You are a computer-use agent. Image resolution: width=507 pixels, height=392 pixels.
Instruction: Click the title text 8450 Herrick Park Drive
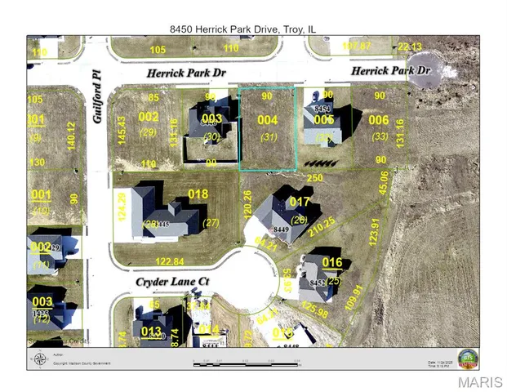242,29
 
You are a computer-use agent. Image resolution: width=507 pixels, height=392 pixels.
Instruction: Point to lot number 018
198,194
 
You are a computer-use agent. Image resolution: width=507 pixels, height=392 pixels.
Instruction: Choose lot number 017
300,202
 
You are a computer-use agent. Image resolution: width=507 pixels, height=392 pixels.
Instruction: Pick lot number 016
332,262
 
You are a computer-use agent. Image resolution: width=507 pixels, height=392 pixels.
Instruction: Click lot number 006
379,120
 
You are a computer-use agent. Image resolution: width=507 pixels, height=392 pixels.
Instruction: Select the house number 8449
282,230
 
